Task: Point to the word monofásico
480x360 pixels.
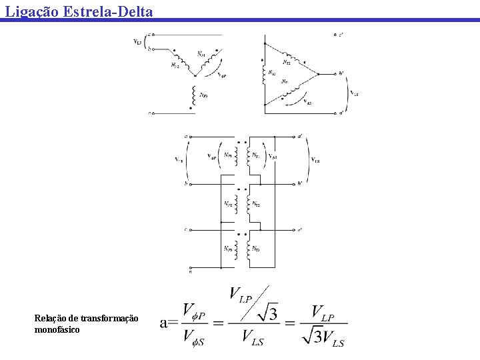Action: point(57,329)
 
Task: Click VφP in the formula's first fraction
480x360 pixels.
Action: point(198,311)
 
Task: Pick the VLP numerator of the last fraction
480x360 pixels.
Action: point(323,311)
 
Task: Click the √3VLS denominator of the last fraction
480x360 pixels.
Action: point(323,337)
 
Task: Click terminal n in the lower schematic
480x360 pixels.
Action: point(190,271)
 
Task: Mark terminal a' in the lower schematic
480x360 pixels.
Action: point(300,135)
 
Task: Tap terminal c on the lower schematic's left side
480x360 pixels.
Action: point(186,229)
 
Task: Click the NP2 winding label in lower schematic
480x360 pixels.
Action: point(228,203)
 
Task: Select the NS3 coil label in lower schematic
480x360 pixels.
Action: point(256,249)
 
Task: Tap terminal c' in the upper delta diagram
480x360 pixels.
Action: point(341,34)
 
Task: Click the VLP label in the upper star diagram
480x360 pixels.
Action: point(137,41)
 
